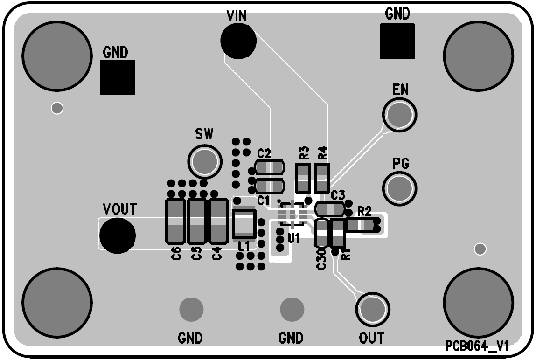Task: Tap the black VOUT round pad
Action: click(117, 235)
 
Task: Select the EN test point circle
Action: click(400, 114)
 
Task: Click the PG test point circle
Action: click(400, 188)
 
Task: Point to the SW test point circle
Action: click(204, 161)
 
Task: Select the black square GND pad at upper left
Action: click(118, 77)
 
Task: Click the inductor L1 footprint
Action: click(244, 224)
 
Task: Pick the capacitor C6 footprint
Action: click(175, 221)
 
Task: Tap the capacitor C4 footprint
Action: click(218, 221)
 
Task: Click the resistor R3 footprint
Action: click(303, 178)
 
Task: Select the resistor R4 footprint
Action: click(322, 178)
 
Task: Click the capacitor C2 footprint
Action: click(270, 167)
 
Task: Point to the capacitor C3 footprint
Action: click(330, 208)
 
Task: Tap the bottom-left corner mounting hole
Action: click(56, 302)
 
